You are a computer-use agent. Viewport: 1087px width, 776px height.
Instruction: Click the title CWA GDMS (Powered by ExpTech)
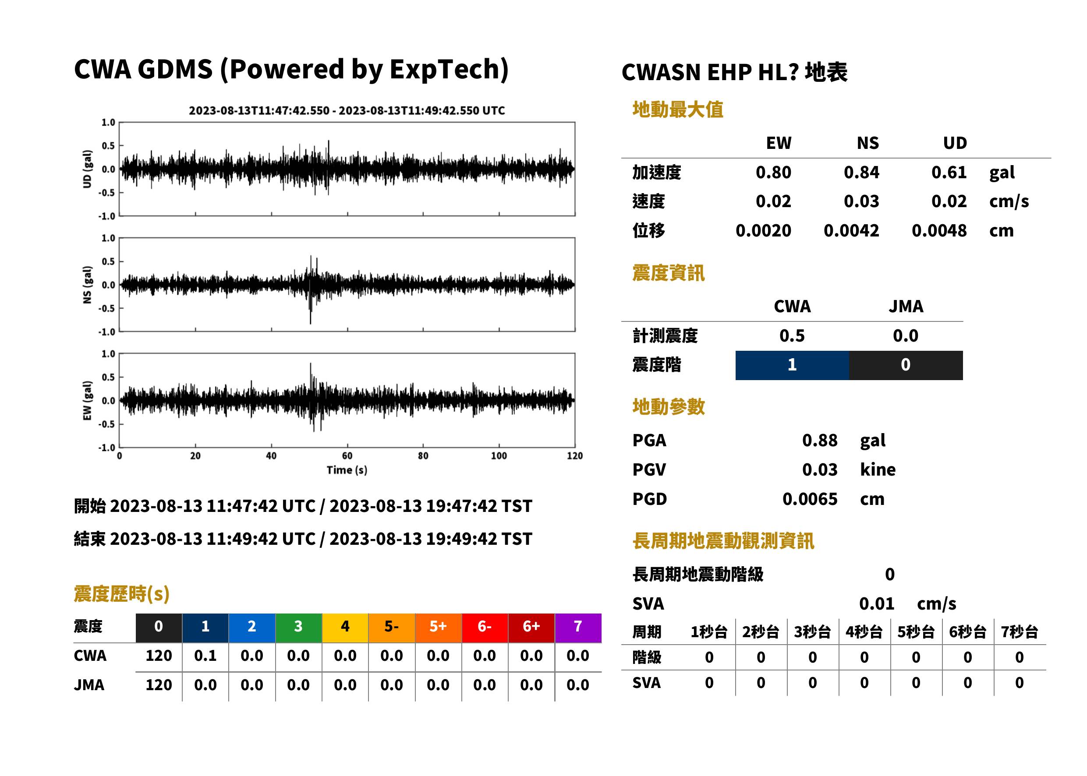point(291,70)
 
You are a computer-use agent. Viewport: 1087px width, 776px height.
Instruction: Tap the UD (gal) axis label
point(87,169)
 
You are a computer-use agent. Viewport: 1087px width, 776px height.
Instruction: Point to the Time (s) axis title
point(347,470)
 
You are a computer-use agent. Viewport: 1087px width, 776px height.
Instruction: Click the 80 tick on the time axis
point(423,456)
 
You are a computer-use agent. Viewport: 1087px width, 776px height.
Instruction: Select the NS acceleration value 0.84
point(861,173)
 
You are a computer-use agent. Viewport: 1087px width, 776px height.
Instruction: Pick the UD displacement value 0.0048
point(939,231)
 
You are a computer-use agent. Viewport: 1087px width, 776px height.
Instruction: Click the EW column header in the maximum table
point(779,143)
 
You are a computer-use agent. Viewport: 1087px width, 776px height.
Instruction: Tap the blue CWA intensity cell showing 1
point(792,365)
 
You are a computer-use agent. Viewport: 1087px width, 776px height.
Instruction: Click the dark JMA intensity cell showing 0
point(906,365)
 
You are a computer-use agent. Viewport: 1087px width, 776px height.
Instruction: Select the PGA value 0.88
point(820,440)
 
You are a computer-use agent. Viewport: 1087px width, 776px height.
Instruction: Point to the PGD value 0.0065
point(810,499)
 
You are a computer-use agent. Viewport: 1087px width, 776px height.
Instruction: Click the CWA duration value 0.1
point(205,656)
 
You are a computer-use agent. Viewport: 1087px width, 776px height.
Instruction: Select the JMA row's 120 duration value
point(159,685)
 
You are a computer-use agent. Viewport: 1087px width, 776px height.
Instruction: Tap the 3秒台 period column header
point(812,632)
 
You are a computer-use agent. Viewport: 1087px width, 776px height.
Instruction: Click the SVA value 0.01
point(877,604)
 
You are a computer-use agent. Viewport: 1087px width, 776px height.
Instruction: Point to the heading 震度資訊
point(668,273)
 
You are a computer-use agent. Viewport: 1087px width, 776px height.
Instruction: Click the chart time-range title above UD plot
point(347,111)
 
